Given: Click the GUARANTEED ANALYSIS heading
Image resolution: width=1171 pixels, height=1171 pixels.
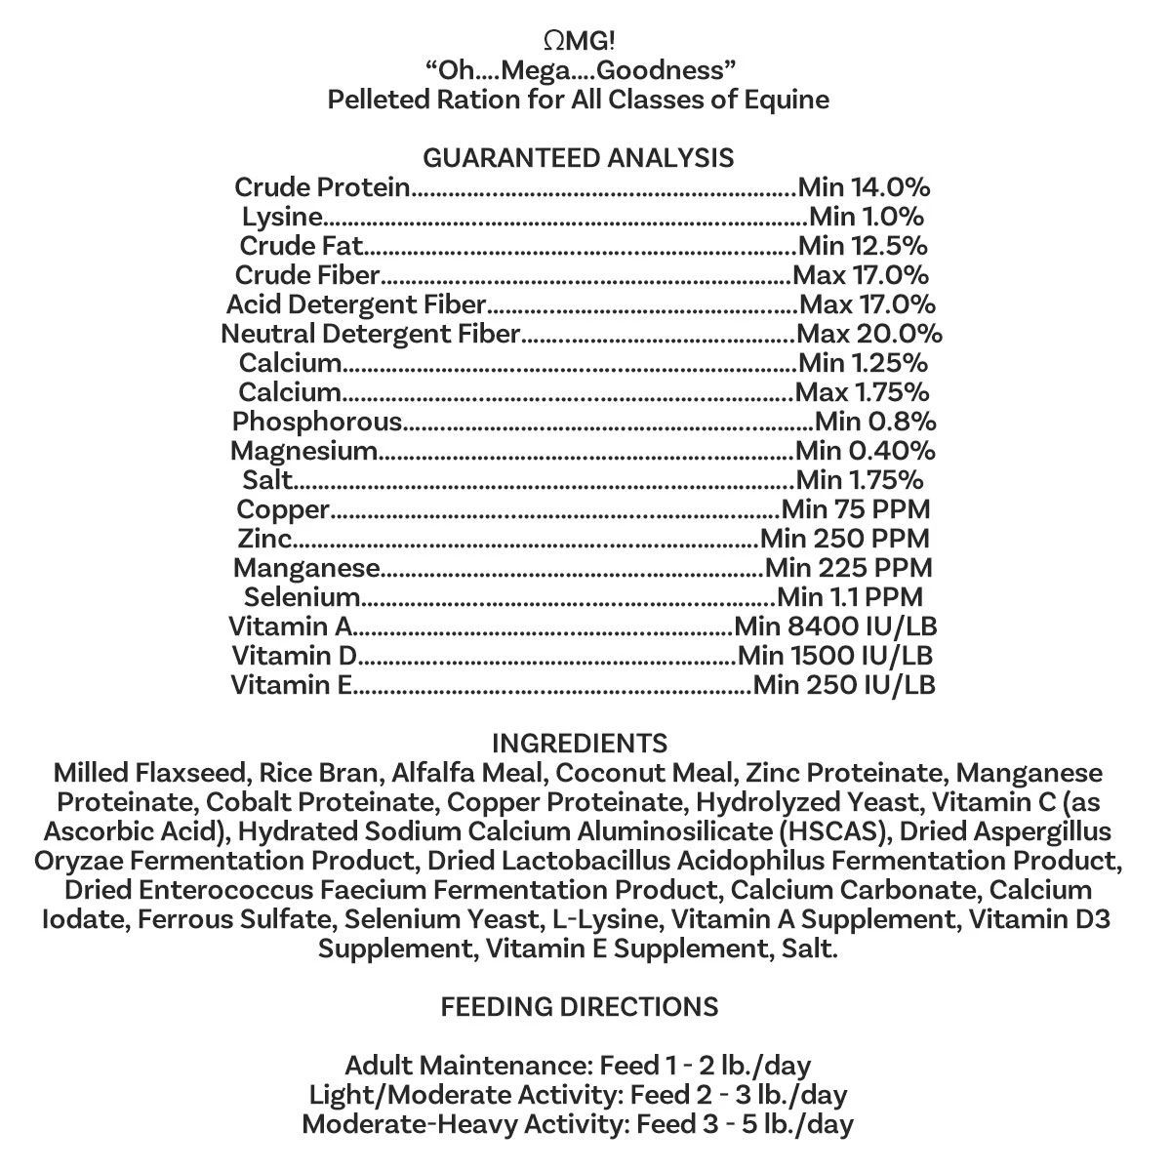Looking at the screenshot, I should click(578, 158).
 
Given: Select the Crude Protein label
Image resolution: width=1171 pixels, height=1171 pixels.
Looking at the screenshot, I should click(322, 187).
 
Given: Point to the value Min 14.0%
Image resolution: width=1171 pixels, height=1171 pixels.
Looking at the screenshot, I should click(864, 187).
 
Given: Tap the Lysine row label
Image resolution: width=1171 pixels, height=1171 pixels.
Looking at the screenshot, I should click(282, 217).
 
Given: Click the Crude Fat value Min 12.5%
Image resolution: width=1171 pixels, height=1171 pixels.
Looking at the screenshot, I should click(863, 246).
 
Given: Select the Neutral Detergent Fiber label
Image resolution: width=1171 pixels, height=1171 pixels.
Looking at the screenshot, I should click(371, 334).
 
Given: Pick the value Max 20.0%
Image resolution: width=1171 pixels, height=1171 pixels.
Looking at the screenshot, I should click(869, 334).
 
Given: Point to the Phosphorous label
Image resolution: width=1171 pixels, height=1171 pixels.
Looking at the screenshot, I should click(317, 422).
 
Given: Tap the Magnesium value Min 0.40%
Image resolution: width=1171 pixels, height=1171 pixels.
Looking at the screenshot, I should click(866, 451).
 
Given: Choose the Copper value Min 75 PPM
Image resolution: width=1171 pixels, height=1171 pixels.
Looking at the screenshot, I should click(856, 509).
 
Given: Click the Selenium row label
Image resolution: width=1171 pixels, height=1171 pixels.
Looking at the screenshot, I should click(303, 597).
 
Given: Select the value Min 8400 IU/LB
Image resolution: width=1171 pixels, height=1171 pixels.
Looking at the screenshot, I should click(835, 626).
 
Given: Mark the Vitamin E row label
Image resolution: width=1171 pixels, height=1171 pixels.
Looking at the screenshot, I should click(292, 685).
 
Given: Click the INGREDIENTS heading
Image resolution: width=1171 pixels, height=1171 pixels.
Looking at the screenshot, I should click(579, 743).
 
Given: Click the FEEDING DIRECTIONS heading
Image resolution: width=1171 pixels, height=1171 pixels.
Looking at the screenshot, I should click(579, 1006).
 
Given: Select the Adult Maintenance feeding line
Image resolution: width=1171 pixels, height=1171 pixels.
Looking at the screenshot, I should click(578, 1065).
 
